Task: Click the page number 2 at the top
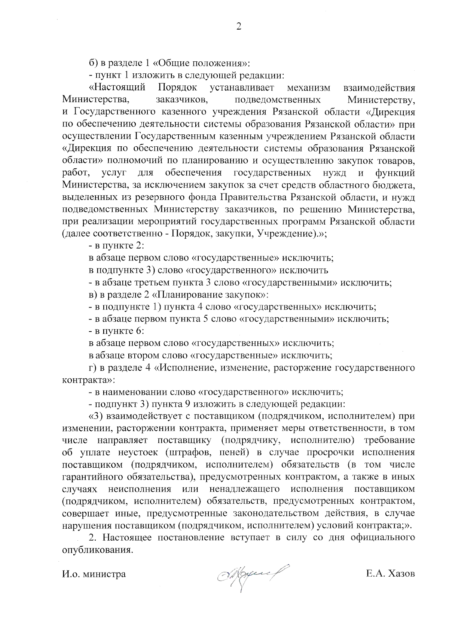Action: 239,27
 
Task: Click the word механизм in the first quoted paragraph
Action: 309,88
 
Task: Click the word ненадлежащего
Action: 245,489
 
